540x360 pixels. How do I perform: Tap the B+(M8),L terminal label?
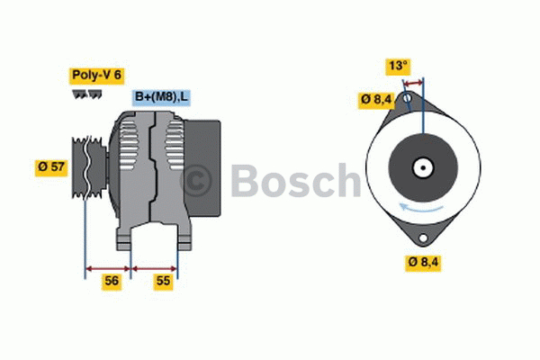pyautogui.click(x=162, y=97)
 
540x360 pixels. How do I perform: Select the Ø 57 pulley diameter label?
pyautogui.click(x=51, y=167)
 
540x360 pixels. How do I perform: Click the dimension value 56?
pyautogui.click(x=112, y=281)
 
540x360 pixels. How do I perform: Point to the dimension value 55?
pyautogui.click(x=163, y=281)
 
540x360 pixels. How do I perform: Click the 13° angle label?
pyautogui.click(x=398, y=66)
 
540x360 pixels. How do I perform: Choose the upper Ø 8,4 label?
pyautogui.click(x=375, y=99)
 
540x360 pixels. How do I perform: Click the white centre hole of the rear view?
pyautogui.click(x=420, y=167)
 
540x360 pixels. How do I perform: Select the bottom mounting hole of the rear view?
pyautogui.click(x=420, y=238)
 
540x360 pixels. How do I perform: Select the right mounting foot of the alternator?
pyautogui.click(x=184, y=239)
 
